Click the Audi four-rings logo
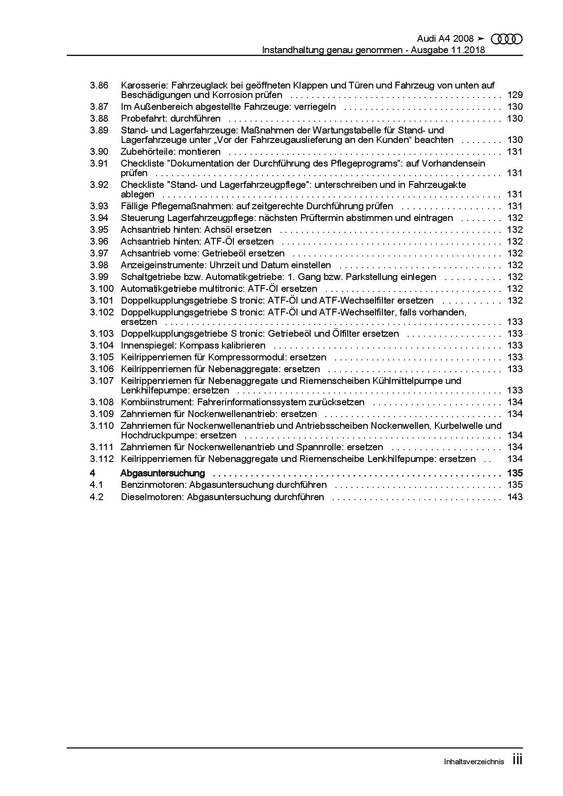pyautogui.click(x=507, y=39)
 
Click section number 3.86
pyautogui.click(x=99, y=85)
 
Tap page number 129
pyautogui.click(x=515, y=95)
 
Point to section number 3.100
pyautogui.click(x=101, y=289)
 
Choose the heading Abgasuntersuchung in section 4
pyautogui.click(x=163, y=473)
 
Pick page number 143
pyautogui.click(x=515, y=497)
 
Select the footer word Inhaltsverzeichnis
pyautogui.click(x=474, y=762)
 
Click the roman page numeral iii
pyautogui.click(x=517, y=760)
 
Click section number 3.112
pyautogui.click(x=101, y=459)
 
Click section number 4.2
pyautogui.click(x=97, y=497)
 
